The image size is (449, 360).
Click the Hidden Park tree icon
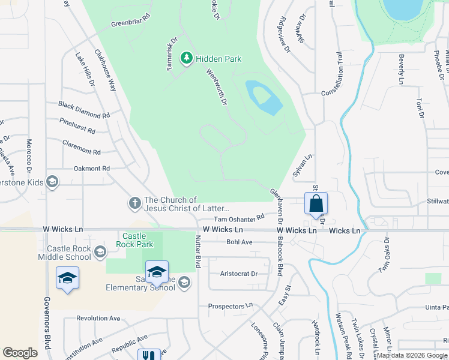pos(187,58)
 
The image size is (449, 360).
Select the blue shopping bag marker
pos(316,204)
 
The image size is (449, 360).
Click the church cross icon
pos(135,204)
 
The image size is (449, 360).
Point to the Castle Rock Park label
pos(137,240)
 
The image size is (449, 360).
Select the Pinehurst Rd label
pos(77,125)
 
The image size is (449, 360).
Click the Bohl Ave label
pos(240,242)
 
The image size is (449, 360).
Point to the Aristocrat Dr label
pos(239,274)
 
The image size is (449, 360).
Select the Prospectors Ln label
pos(232,306)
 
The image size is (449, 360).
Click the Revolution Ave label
pos(98,318)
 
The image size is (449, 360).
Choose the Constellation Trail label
pos(340,79)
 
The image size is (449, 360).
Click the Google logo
pos(20,353)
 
